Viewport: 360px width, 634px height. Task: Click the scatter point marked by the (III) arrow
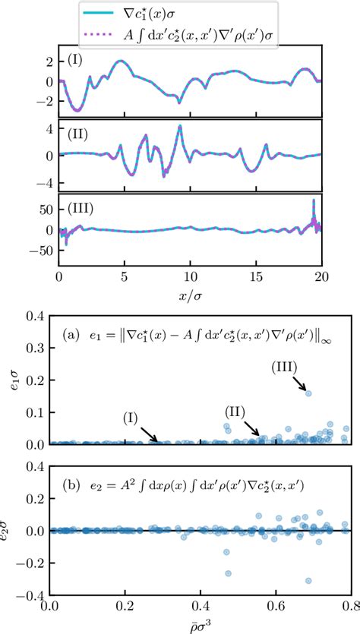click(x=308, y=393)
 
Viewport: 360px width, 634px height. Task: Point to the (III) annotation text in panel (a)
click(x=285, y=367)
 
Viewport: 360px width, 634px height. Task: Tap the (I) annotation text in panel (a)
click(x=131, y=417)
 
